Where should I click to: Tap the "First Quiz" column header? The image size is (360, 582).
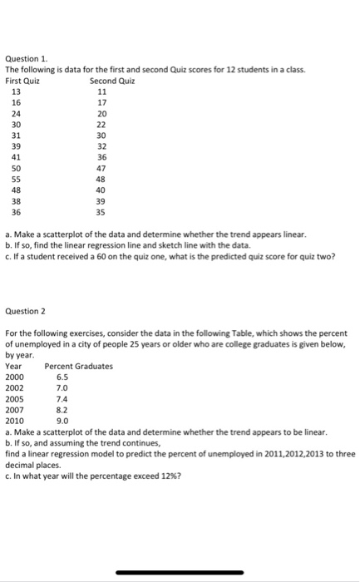pyautogui.click(x=22, y=81)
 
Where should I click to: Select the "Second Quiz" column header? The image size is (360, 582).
pyautogui.click(x=112, y=81)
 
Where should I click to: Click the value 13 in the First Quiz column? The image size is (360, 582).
pyautogui.click(x=16, y=92)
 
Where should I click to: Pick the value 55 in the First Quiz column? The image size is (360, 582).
pyautogui.click(x=16, y=179)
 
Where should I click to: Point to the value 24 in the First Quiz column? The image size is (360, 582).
pyautogui.click(x=16, y=114)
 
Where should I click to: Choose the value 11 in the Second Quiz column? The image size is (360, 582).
pyautogui.click(x=102, y=92)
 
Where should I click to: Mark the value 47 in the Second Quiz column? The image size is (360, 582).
pyautogui.click(x=102, y=168)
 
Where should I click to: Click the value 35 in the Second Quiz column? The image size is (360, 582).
pyautogui.click(x=102, y=211)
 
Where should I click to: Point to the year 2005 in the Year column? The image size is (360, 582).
pyautogui.click(x=14, y=398)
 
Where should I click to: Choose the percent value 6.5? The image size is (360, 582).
pyautogui.click(x=62, y=377)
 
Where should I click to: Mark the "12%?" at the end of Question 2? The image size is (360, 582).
pyautogui.click(x=170, y=476)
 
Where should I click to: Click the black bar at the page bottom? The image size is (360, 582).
pyautogui.click(x=179, y=572)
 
